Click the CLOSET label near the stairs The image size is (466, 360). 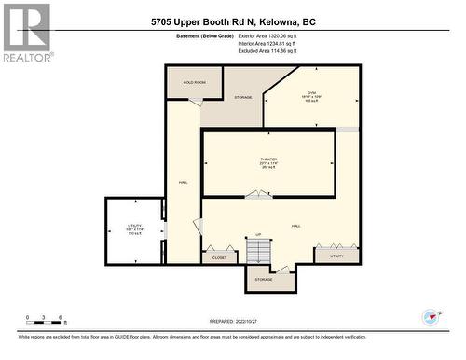(x=219, y=257)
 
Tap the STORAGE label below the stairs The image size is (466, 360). (x=264, y=280)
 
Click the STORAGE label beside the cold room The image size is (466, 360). (x=243, y=97)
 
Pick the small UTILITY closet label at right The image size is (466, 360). (x=336, y=256)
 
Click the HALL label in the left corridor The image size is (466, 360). (x=184, y=183)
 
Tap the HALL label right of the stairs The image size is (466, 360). (x=295, y=226)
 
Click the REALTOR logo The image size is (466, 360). (x=26, y=32)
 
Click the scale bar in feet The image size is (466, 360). (x=45, y=324)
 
